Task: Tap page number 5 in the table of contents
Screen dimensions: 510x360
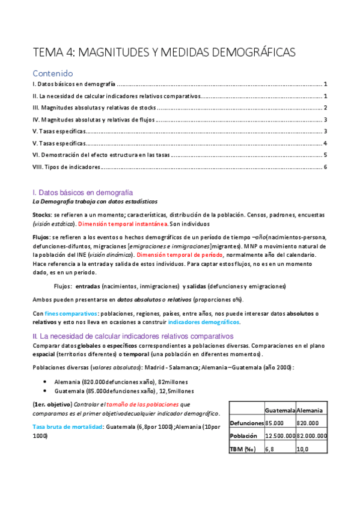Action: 325,155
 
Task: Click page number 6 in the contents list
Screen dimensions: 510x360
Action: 325,167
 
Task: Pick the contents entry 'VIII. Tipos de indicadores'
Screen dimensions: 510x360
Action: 67,167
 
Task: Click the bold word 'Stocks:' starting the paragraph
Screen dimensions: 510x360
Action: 42,215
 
